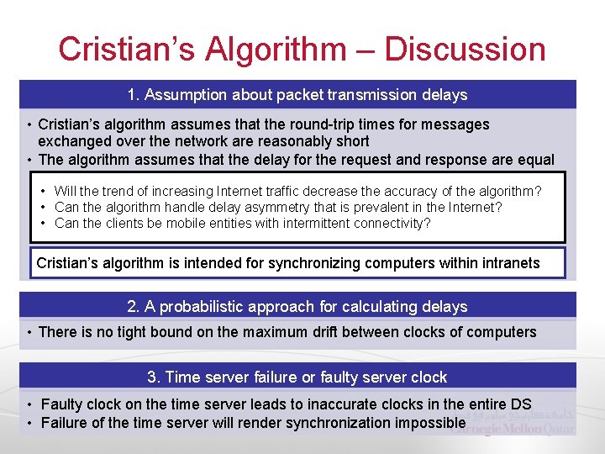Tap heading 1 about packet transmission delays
point(297,94)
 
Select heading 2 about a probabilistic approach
point(297,306)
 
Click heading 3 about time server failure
point(297,377)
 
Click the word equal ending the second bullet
point(535,160)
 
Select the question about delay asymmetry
point(278,207)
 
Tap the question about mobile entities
point(242,223)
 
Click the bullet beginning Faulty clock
point(286,404)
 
